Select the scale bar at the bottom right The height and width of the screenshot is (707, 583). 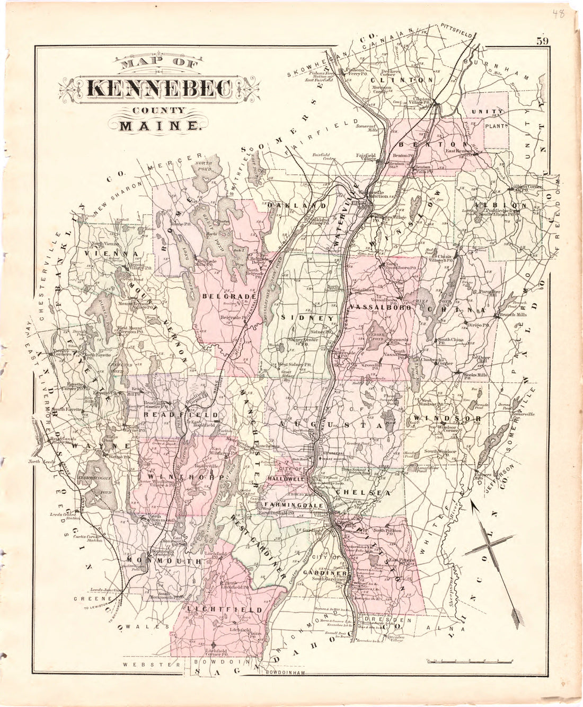[469, 660]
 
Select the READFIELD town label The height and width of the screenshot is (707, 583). [181, 414]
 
